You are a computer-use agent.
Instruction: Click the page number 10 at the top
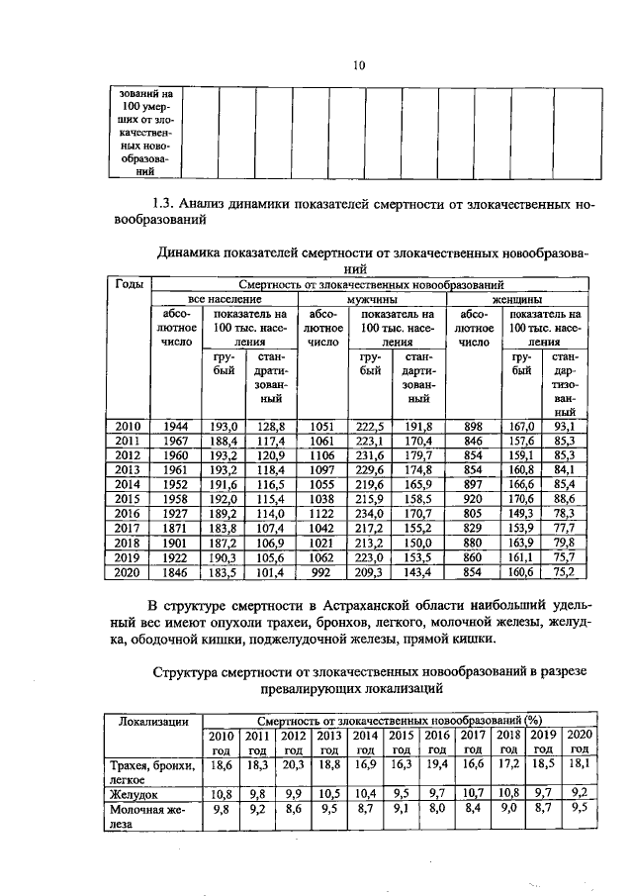point(360,65)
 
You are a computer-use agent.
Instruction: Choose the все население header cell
point(226,297)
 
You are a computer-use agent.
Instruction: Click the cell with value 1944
point(179,426)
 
